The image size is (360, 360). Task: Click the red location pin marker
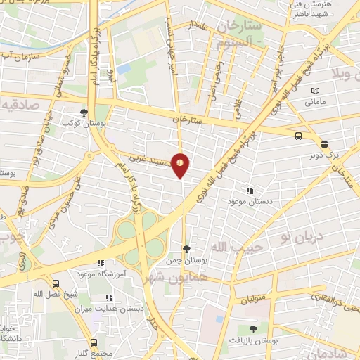(181, 165)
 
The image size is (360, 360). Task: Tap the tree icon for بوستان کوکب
(84, 112)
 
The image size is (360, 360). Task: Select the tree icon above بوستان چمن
(186, 248)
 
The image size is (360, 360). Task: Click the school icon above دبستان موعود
(249, 190)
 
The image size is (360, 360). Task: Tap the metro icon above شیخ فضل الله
(56, 293)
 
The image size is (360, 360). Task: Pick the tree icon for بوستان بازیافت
(253, 328)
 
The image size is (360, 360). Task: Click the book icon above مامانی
(316, 91)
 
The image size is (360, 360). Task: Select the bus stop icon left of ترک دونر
(299, 136)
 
